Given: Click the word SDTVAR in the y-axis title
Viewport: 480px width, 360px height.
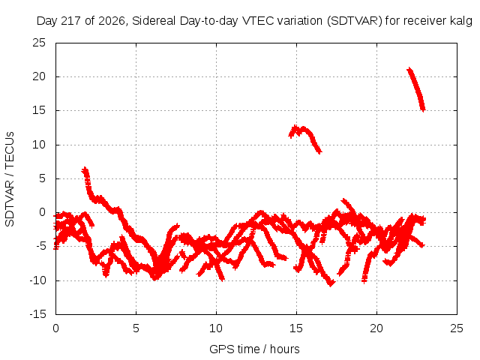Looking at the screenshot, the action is pos(10,204).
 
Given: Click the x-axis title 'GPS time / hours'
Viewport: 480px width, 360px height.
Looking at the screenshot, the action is pos(254,349).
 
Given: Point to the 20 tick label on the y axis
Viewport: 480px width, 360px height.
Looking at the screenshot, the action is pos(39,76).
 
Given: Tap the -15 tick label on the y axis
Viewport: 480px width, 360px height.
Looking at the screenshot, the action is pos(37,314).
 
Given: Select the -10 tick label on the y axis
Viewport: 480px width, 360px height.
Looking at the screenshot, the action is pos(37,280).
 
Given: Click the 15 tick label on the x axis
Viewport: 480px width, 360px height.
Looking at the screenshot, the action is pos(296,328).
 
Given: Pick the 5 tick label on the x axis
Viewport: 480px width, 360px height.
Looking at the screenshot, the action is pos(136,328).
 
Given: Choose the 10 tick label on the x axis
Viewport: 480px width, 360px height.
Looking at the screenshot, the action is pos(216,328).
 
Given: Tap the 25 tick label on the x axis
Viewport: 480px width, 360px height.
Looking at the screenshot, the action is pos(457,328).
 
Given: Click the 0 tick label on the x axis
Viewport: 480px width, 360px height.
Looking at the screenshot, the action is pos(55,328).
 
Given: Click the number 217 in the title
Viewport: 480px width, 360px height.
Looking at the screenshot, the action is pos(71,21).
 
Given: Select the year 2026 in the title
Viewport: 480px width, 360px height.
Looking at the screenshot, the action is pos(112,21).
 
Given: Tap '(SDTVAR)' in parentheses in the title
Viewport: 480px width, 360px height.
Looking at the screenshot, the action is pos(355,21).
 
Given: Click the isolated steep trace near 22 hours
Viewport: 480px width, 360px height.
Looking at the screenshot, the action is pos(416,89).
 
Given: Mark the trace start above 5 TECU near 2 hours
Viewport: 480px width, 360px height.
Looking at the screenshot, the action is pos(85,170).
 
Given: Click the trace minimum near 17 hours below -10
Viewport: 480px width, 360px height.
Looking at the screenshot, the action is pos(331,283).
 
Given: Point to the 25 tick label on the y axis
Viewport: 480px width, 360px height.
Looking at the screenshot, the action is pos(39,43).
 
